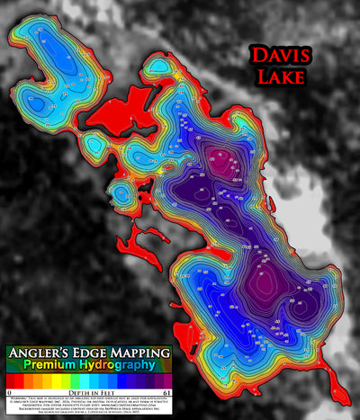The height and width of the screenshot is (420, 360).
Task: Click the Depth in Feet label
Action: pos(88,394)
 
